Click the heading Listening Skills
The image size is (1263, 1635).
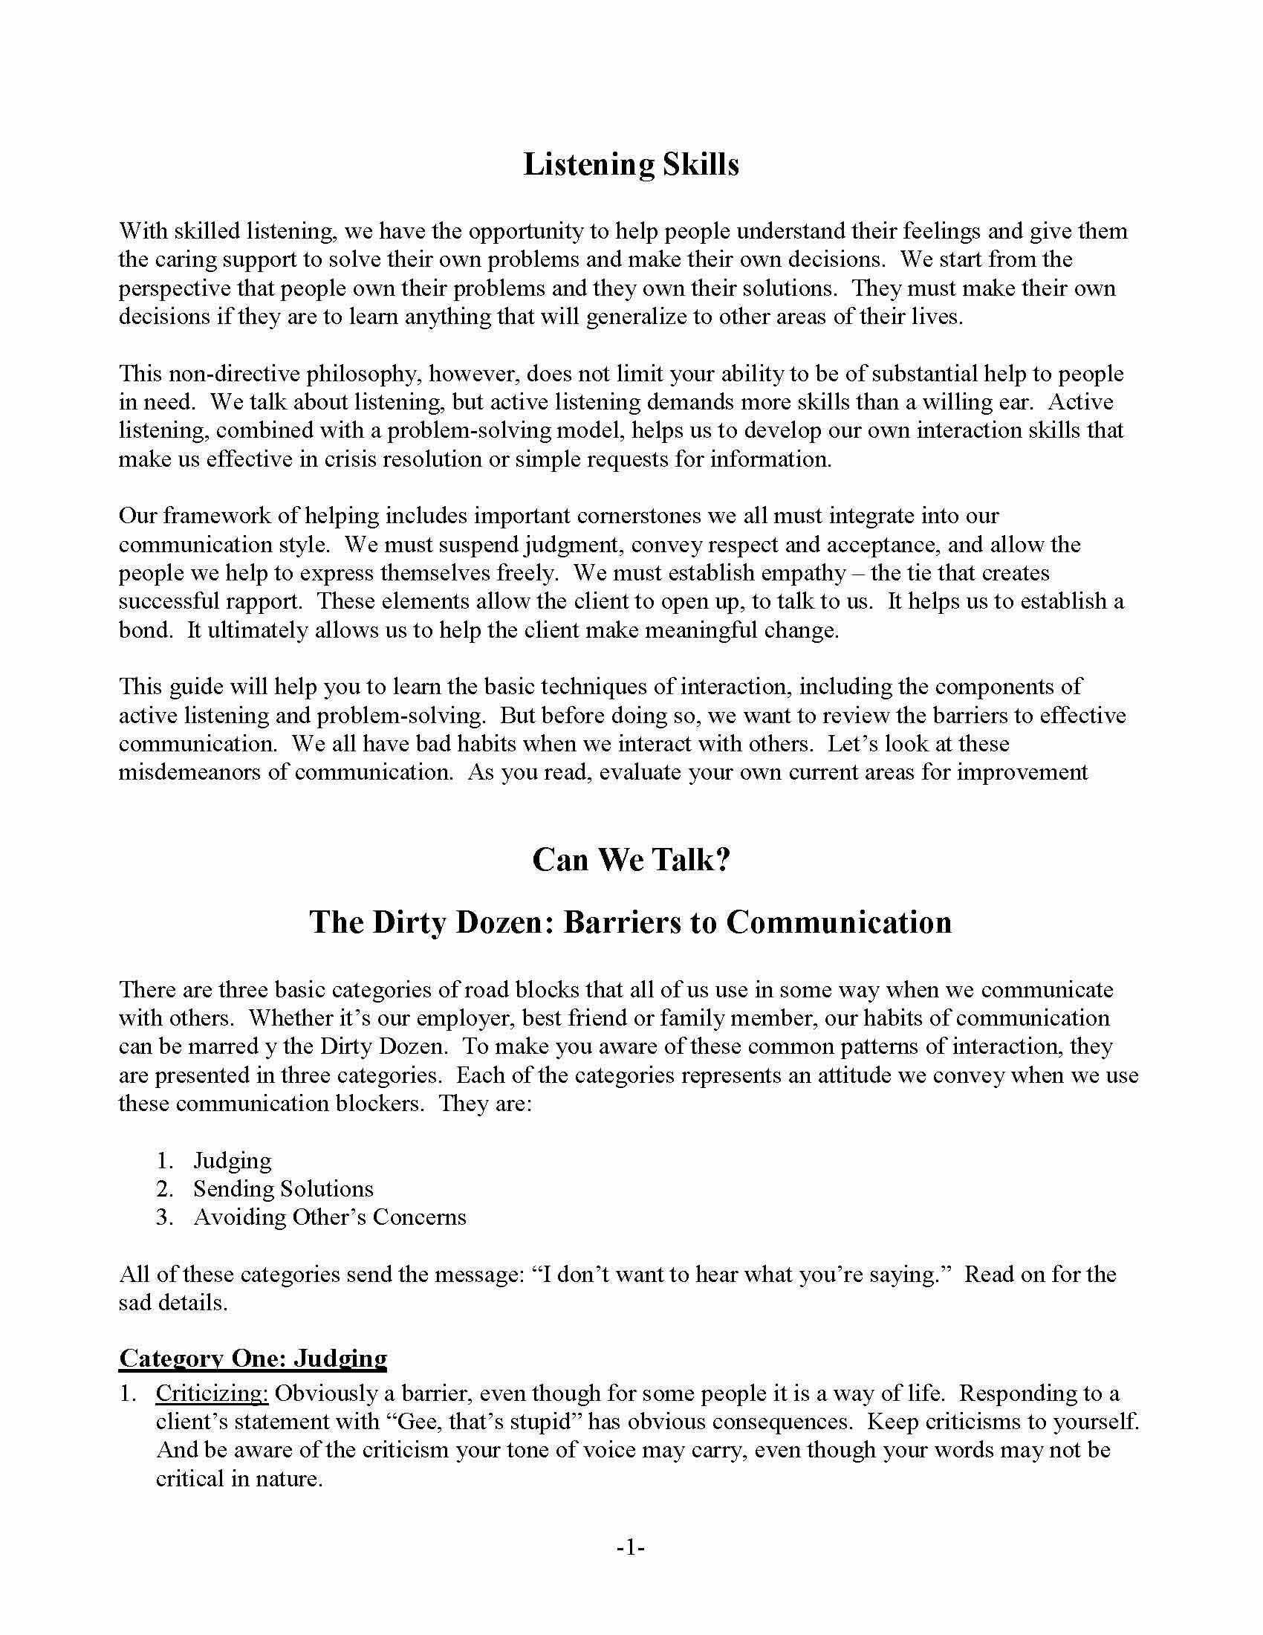point(631,164)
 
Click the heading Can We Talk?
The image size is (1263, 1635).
point(631,859)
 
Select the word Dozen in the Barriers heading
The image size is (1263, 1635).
point(501,922)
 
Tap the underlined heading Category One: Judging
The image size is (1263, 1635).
point(253,1359)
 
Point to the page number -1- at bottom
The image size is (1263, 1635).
point(631,1547)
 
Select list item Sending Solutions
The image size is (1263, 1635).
point(283,1189)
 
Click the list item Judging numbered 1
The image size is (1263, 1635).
point(232,1160)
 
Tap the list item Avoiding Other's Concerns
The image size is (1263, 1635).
point(329,1217)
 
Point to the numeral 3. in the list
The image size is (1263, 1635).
point(165,1217)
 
